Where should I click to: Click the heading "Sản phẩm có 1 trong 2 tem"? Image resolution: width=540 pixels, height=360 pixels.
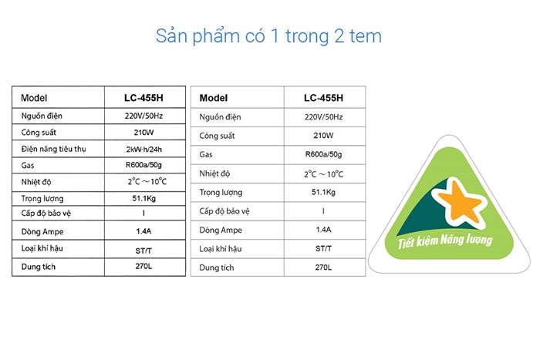click(269, 36)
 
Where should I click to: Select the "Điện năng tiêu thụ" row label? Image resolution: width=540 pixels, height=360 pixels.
click(59, 149)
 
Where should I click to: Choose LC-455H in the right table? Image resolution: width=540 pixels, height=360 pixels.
click(323, 98)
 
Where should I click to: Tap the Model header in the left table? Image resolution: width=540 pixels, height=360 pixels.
click(35, 98)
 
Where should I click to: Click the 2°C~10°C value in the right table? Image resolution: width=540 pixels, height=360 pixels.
click(323, 174)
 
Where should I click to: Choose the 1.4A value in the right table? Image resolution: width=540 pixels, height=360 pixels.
click(323, 230)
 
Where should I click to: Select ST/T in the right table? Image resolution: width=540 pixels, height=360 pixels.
click(323, 249)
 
